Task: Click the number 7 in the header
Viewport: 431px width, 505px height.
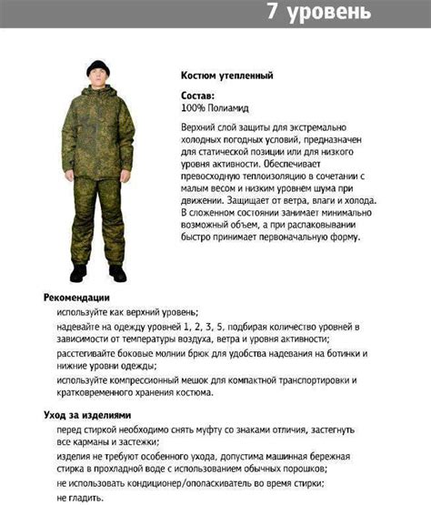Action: click(x=274, y=13)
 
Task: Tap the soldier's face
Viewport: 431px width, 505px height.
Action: click(x=97, y=83)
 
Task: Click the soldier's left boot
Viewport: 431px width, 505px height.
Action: click(x=117, y=272)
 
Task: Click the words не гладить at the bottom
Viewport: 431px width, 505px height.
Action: click(x=81, y=498)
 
